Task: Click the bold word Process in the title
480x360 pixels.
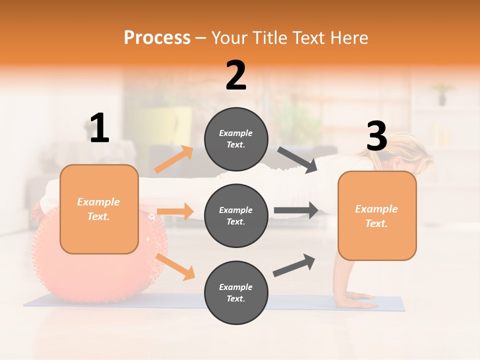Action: tap(157, 38)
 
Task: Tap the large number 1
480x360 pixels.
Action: tap(99, 128)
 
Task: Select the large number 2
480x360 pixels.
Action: tap(236, 75)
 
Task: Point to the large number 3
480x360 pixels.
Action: tap(376, 136)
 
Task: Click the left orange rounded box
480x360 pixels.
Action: tap(99, 209)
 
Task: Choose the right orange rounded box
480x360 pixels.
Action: tap(377, 216)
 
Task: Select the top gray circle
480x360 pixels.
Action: tap(236, 139)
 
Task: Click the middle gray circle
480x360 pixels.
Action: tap(236, 215)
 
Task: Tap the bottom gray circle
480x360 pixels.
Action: tap(236, 292)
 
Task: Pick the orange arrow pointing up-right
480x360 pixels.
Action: tap(174, 159)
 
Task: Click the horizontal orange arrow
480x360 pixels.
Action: tap(175, 211)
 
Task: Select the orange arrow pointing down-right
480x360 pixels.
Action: tap(175, 266)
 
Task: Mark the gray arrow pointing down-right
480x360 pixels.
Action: tap(297, 160)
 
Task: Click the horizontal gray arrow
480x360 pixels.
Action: tap(296, 210)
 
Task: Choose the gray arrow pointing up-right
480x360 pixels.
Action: tap(294, 265)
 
